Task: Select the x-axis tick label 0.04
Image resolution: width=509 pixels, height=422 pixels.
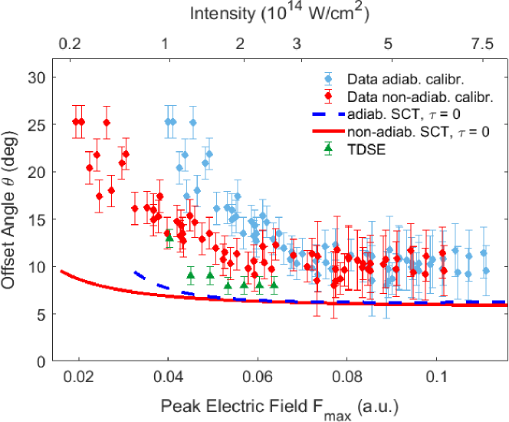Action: [168, 377]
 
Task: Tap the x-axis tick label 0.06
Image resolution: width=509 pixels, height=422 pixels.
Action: [258, 377]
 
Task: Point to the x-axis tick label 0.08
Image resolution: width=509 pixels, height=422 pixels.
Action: [346, 377]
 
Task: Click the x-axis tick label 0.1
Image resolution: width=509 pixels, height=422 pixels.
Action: [436, 377]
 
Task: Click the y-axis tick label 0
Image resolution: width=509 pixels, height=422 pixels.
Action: [43, 361]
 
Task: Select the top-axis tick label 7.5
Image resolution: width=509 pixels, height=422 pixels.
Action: [482, 45]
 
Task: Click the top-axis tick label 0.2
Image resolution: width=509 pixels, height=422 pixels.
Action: [69, 45]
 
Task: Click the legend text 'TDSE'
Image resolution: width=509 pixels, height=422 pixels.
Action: [363, 150]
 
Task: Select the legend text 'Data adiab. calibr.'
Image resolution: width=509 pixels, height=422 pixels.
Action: [396, 79]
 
